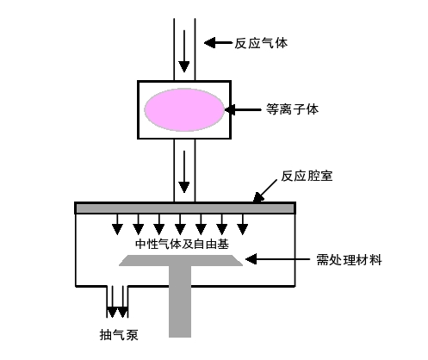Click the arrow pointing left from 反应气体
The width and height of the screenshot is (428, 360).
click(x=218, y=41)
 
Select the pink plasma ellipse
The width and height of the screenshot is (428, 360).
click(x=183, y=109)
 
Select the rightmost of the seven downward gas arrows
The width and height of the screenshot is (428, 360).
click(x=244, y=227)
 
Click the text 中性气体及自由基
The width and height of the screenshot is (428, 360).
click(x=182, y=244)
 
